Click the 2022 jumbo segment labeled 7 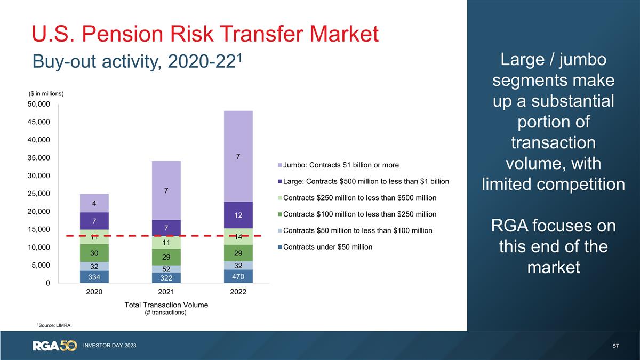[x=238, y=156]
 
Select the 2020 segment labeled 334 [x=94, y=277]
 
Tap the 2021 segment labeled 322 [x=166, y=278]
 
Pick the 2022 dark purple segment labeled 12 [x=238, y=215]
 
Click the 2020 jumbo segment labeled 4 [x=94, y=203]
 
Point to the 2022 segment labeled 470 [x=238, y=276]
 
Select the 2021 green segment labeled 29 [x=166, y=257]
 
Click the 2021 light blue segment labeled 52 [x=166, y=269]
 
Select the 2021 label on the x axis [x=166, y=292]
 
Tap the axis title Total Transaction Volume [x=166, y=305]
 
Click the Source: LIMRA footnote [x=54, y=324]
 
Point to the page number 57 [x=616, y=346]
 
